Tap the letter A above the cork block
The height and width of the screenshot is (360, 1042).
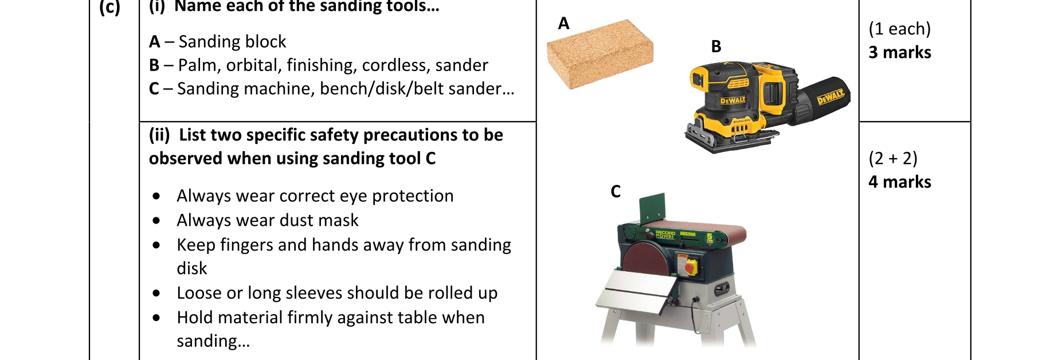pyautogui.click(x=563, y=24)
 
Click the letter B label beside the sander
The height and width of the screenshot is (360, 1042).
pyautogui.click(x=716, y=46)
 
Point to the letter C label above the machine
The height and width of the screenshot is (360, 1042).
pyautogui.click(x=616, y=191)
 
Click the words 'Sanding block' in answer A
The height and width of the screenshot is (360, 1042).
pyautogui.click(x=232, y=42)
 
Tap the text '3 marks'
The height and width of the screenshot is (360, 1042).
pyautogui.click(x=899, y=53)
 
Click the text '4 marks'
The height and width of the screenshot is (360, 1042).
pyautogui.click(x=899, y=182)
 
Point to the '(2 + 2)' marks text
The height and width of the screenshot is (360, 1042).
pyautogui.click(x=893, y=158)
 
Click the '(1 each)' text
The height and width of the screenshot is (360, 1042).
pyautogui.click(x=899, y=29)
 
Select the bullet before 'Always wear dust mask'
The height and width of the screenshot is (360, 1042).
pyautogui.click(x=156, y=221)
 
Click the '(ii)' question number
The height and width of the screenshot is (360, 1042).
pyautogui.click(x=159, y=135)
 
